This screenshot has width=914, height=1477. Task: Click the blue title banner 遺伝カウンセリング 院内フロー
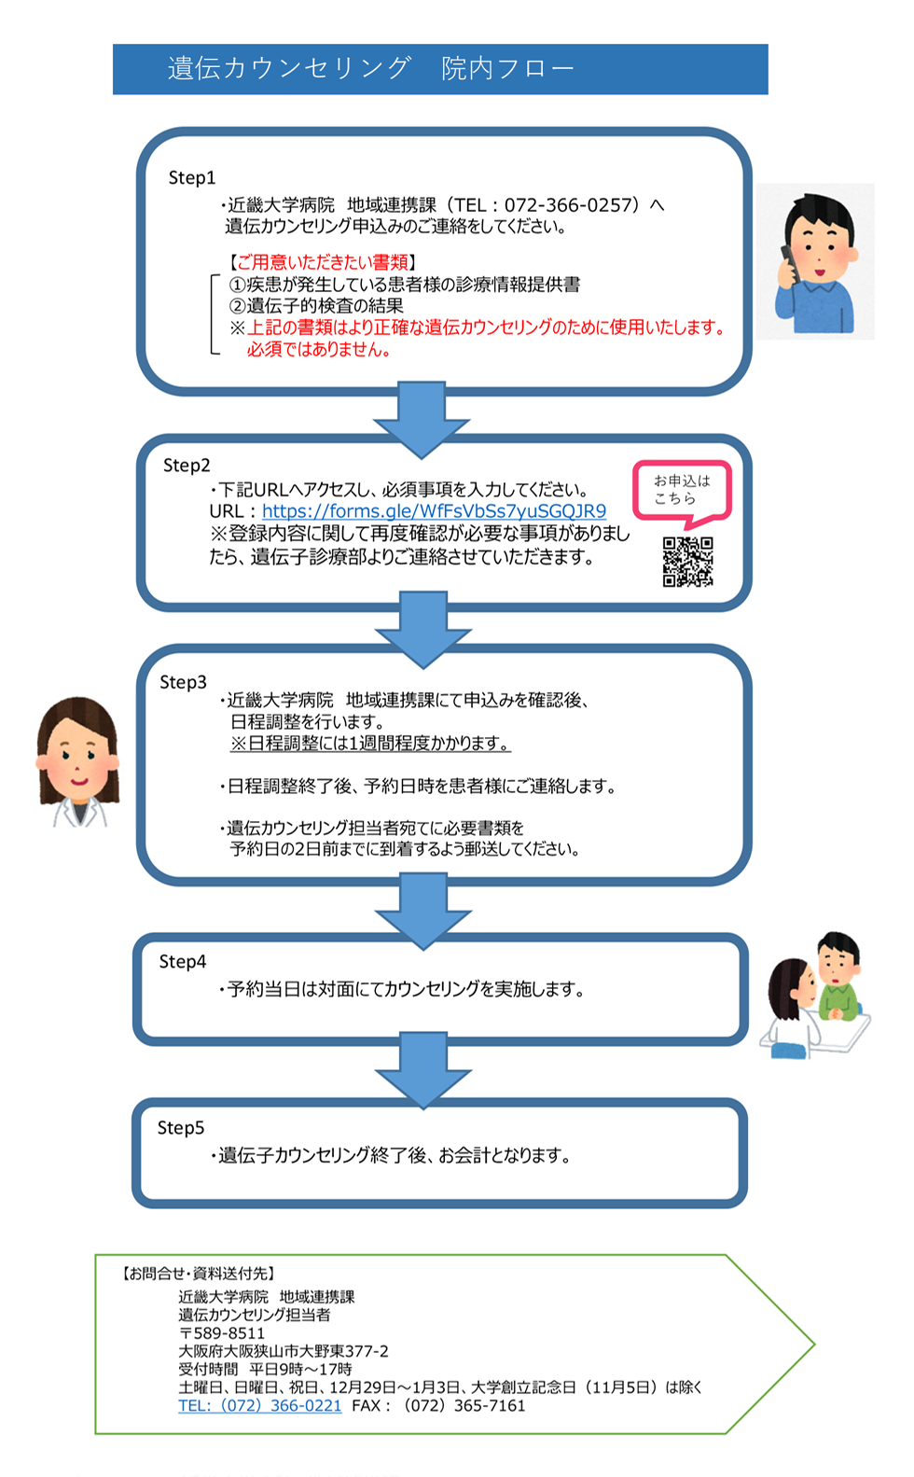[x=440, y=69]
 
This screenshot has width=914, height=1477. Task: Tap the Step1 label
[x=192, y=178]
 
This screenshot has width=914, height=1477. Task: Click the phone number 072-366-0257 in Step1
[x=569, y=205]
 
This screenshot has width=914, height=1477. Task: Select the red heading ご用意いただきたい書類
[x=323, y=262]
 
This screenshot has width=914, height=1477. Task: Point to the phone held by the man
[x=789, y=264]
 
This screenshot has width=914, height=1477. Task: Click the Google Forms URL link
[x=435, y=511]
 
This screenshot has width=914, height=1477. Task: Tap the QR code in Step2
[x=688, y=562]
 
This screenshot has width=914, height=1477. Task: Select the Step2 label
[x=187, y=466]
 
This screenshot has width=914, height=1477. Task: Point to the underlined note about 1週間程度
[x=370, y=743]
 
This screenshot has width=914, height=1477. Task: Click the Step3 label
[x=183, y=682]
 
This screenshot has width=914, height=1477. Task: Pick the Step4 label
[x=183, y=962]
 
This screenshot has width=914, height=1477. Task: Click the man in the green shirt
[x=838, y=977]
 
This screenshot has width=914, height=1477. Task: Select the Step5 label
[x=181, y=1128]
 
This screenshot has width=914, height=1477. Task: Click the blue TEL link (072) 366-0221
[x=260, y=1405]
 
